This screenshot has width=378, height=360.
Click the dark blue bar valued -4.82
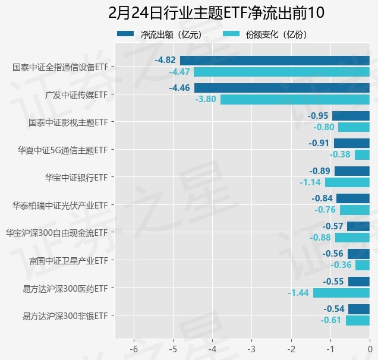[x=275, y=60]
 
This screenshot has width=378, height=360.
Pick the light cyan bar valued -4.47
[x=282, y=72]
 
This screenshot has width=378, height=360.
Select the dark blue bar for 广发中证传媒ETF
[x=282, y=88]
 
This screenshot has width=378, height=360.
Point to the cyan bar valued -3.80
[x=295, y=99]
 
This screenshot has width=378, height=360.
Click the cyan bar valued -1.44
[x=341, y=293]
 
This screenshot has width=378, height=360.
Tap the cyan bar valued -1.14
[x=347, y=182]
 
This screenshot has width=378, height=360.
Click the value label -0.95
[x=319, y=115]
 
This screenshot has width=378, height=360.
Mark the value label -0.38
[x=341, y=154]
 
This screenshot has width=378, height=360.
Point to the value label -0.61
[x=330, y=320]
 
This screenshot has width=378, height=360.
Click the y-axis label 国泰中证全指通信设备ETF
[x=60, y=67]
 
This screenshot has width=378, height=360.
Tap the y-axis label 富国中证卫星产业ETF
[x=68, y=260]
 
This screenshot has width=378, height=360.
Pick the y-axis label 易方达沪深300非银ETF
[x=65, y=315]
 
